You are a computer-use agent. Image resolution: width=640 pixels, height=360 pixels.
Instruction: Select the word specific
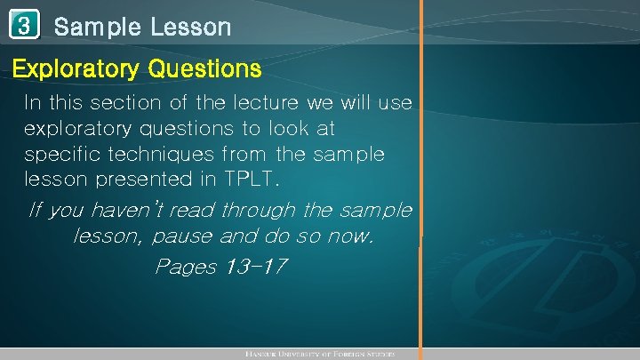[x=57, y=154]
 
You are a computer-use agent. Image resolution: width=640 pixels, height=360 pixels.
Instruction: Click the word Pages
[x=185, y=267]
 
